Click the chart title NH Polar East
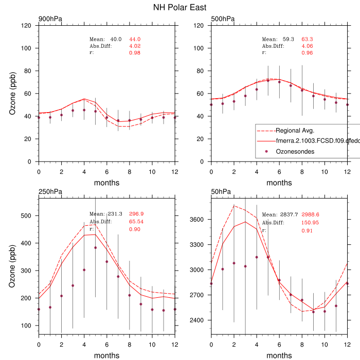tap(180, 8)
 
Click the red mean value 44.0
tap(135, 40)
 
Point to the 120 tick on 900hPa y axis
tap(26, 26)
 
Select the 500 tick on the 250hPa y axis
tap(26, 215)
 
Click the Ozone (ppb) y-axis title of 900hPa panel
tap(12, 94)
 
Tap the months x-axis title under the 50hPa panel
tap(279, 355)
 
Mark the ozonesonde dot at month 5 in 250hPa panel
tap(96, 247)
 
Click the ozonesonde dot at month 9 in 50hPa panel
tap(313, 312)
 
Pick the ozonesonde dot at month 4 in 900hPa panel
tap(84, 110)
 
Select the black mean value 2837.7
tap(290, 214)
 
